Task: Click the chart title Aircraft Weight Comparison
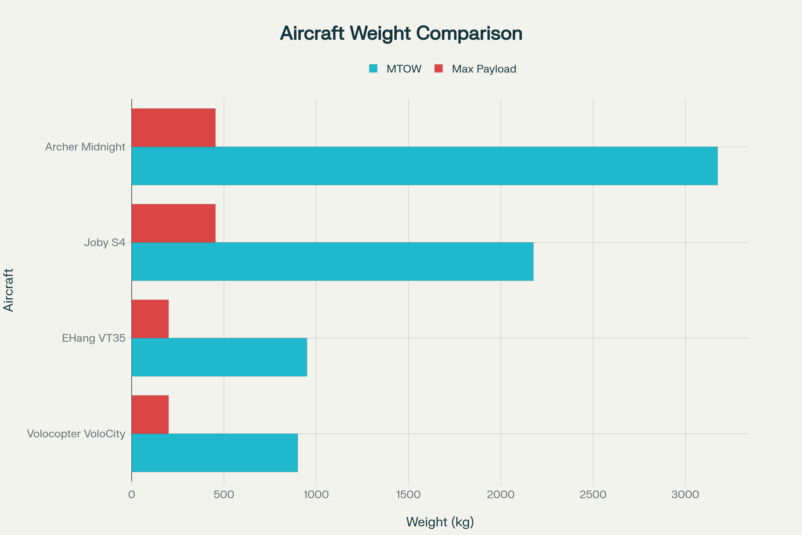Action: (x=401, y=33)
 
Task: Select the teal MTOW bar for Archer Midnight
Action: (x=424, y=166)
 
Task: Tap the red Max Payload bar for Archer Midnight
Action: (x=173, y=128)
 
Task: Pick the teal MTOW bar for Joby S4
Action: (x=332, y=262)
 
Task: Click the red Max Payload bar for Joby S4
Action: (x=173, y=223)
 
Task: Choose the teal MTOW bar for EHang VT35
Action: (x=219, y=357)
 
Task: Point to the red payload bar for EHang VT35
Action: (x=150, y=319)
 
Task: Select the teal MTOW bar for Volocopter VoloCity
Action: (x=215, y=453)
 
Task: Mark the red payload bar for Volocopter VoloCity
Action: (x=150, y=414)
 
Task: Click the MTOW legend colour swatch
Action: (x=373, y=69)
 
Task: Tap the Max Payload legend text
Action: (x=484, y=69)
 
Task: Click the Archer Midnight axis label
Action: (x=85, y=147)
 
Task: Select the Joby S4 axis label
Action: (x=105, y=243)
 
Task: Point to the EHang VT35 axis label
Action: (x=94, y=338)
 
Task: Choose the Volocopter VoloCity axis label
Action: (x=76, y=434)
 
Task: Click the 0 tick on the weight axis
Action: (x=132, y=495)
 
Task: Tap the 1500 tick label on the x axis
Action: (x=408, y=495)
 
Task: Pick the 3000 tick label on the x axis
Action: (x=685, y=495)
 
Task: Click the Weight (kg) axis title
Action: (x=440, y=522)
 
